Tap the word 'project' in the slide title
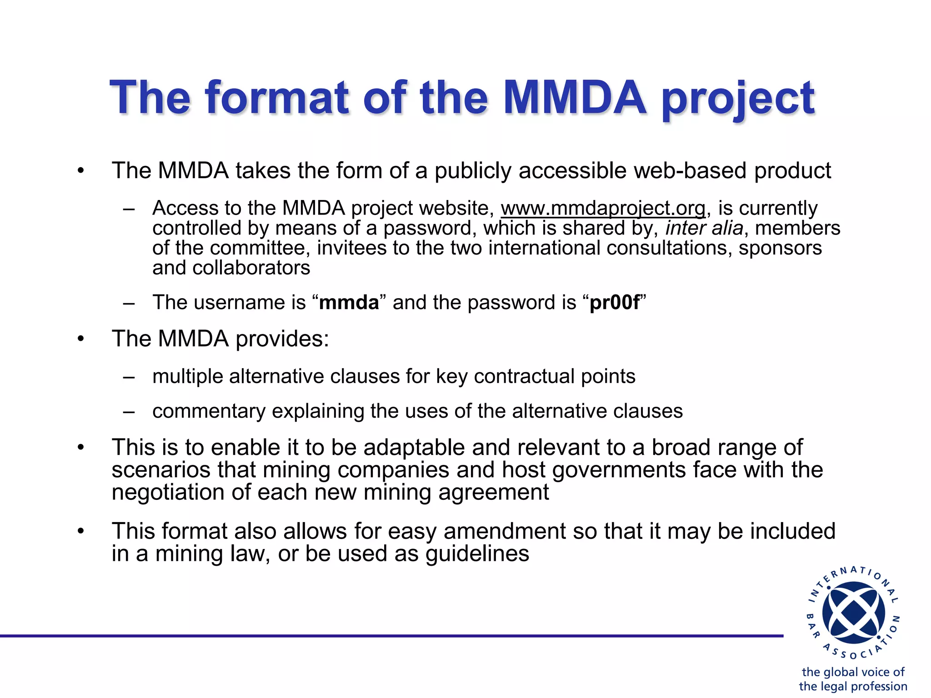click(738, 99)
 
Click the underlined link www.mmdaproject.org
click(603, 208)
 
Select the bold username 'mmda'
click(349, 303)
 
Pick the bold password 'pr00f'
click(615, 303)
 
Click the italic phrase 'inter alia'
click(704, 228)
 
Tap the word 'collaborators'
click(251, 268)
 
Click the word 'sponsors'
click(780, 248)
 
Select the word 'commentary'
click(209, 411)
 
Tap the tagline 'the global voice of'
click(853, 672)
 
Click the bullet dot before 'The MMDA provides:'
click(80, 339)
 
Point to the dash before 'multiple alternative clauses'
click(129, 377)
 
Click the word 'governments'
click(619, 470)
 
